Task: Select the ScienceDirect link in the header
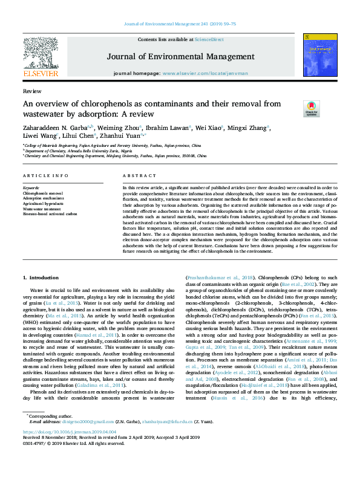(x=209, y=39)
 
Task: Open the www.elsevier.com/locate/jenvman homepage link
(x=205, y=73)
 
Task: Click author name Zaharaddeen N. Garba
(x=54, y=128)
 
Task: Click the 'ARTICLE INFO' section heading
(x=45, y=176)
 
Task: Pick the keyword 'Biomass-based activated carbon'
(x=50, y=214)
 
